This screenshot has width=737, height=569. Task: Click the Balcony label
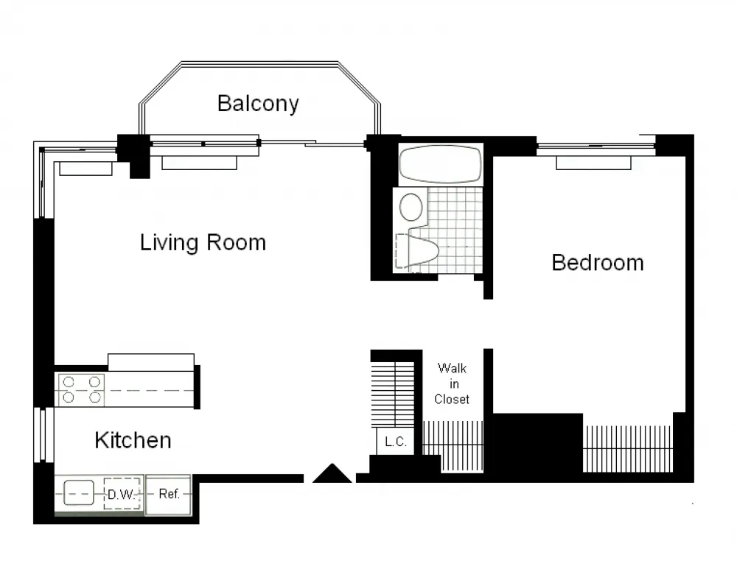[258, 103]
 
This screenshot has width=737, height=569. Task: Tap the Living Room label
[203, 242]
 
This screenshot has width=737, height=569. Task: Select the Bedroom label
[597, 262]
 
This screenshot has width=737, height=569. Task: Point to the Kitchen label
[133, 440]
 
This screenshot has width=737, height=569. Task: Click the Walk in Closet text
[452, 383]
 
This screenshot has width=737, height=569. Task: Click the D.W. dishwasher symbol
[122, 494]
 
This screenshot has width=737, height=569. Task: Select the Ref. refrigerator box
[169, 494]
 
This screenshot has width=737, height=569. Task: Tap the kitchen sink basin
[79, 492]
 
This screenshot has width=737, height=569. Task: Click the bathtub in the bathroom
[440, 164]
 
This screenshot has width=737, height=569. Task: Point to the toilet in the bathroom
[424, 249]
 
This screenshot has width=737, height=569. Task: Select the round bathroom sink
[411, 207]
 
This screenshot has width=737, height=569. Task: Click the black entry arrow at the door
[332, 473]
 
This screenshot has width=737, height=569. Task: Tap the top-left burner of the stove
[68, 382]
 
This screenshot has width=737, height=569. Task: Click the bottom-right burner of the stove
[94, 397]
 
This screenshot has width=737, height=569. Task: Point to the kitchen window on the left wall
[43, 435]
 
